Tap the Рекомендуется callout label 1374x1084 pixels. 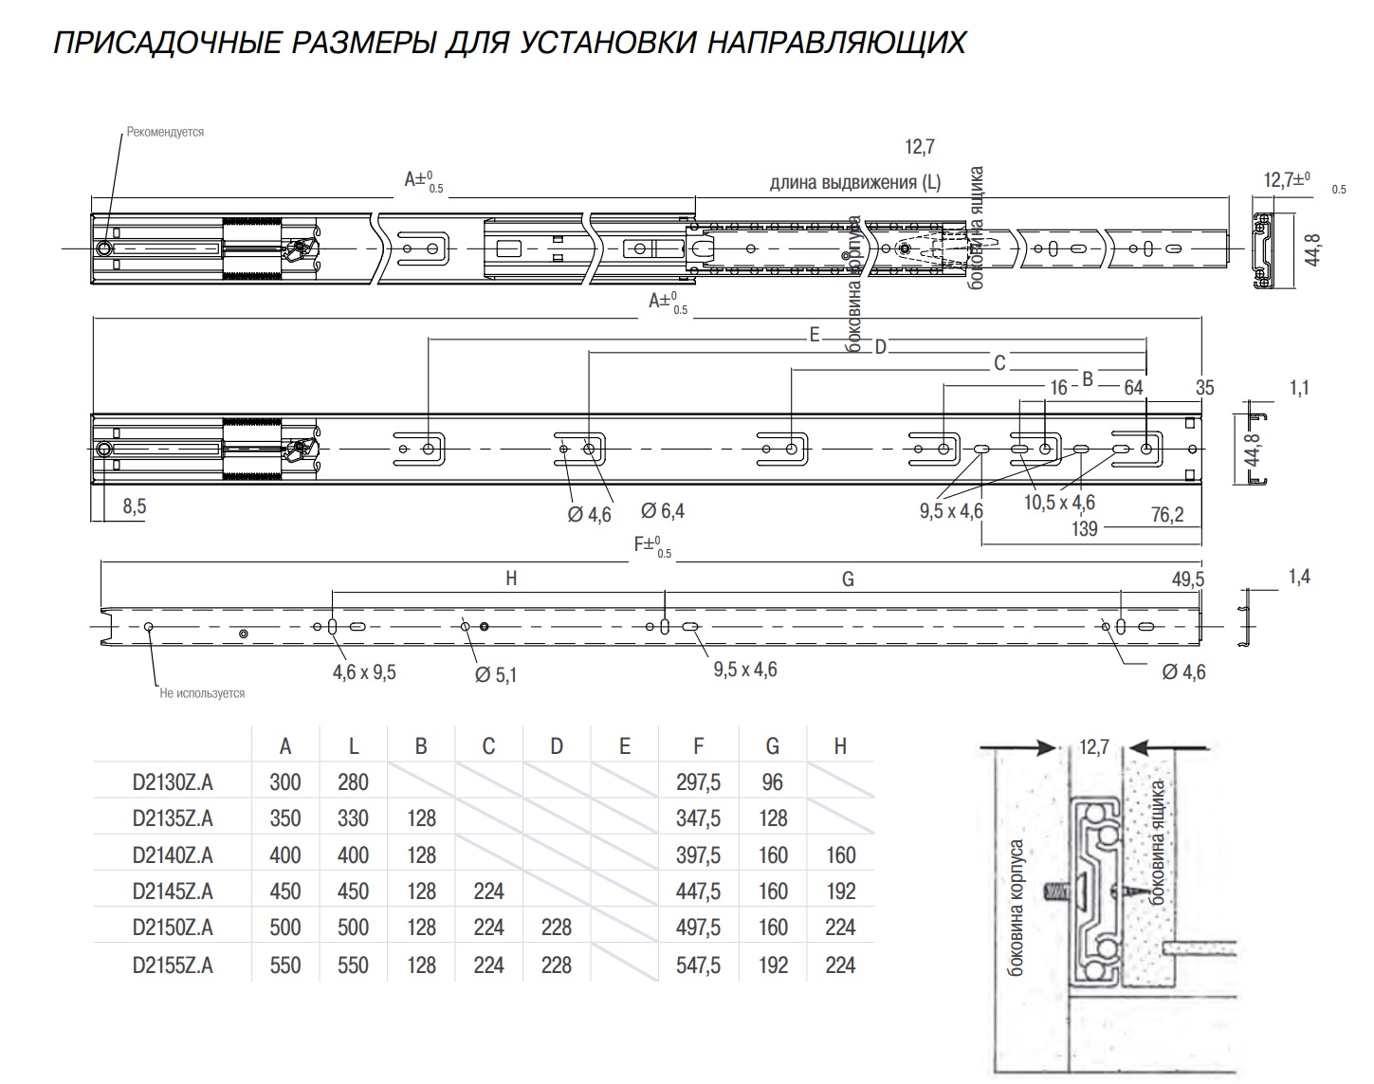point(165,133)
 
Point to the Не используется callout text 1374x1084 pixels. point(202,693)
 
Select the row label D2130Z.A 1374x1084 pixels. point(173,782)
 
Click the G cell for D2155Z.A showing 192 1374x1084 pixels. point(773,965)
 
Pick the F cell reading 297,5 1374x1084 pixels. point(698,782)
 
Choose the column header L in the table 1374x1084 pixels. point(353,746)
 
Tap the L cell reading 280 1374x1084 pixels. point(353,782)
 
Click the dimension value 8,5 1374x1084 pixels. point(135,506)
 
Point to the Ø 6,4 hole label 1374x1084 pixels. point(662,511)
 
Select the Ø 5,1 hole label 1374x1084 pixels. point(495,675)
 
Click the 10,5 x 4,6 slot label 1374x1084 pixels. point(1059,503)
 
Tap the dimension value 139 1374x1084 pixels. point(1084,528)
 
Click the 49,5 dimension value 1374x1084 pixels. point(1187,579)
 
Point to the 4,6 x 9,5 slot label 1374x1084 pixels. point(364,672)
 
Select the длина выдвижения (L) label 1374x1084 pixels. point(854,182)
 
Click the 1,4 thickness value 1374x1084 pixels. point(1299,576)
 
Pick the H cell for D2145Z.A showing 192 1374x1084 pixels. point(840,891)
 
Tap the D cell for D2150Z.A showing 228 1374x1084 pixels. point(556,928)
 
